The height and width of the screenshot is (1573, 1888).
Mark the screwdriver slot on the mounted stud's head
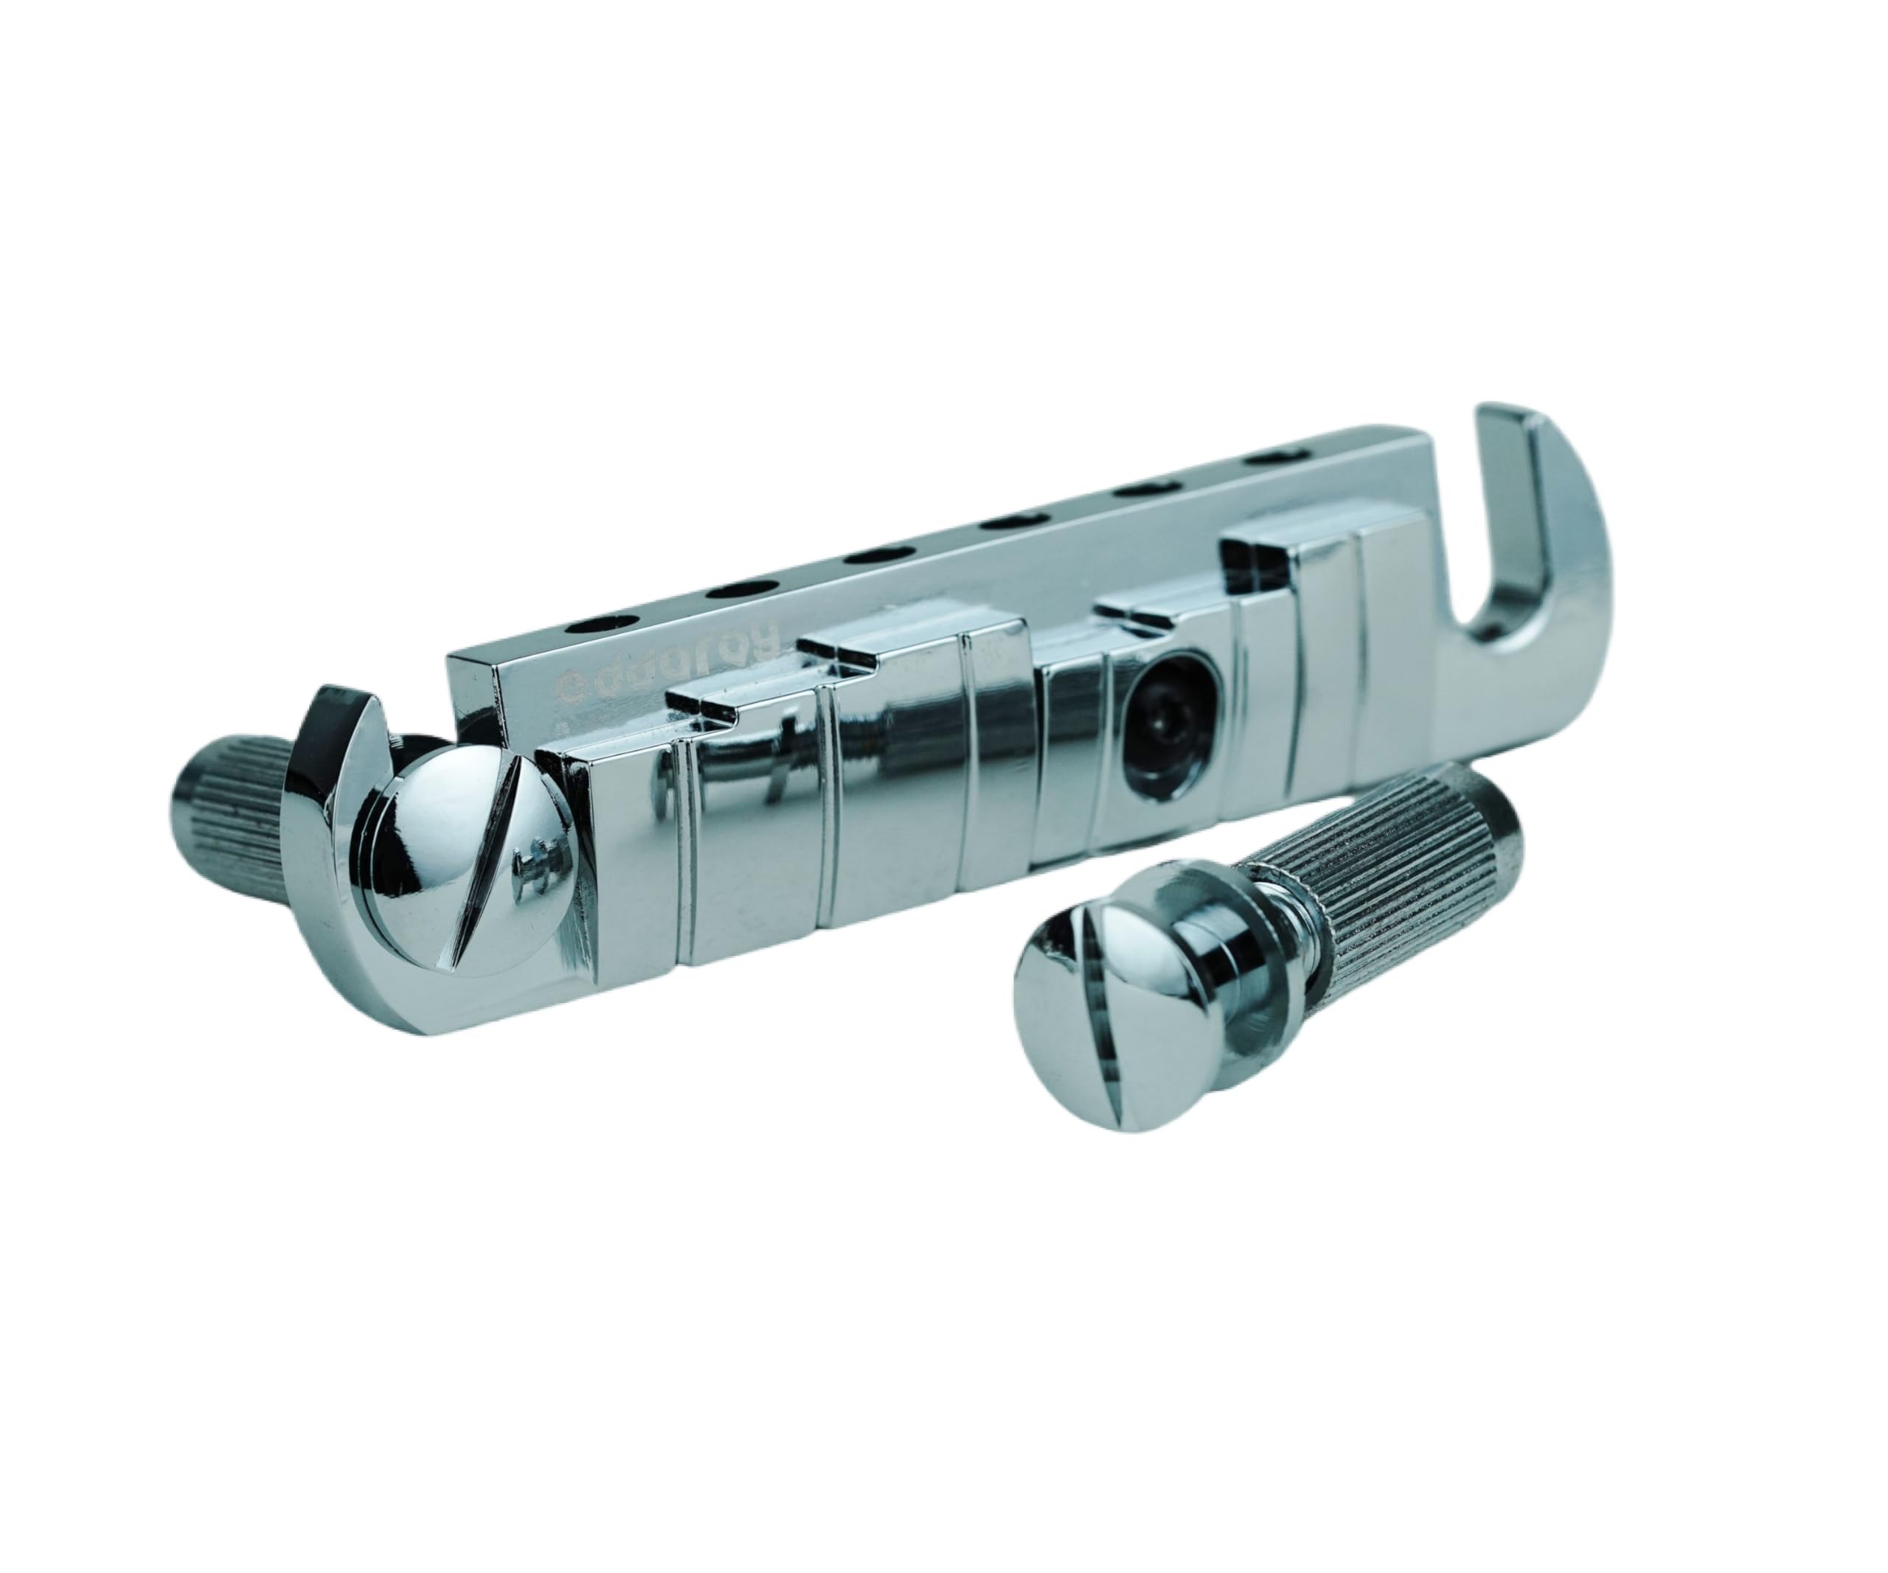(485, 890)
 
